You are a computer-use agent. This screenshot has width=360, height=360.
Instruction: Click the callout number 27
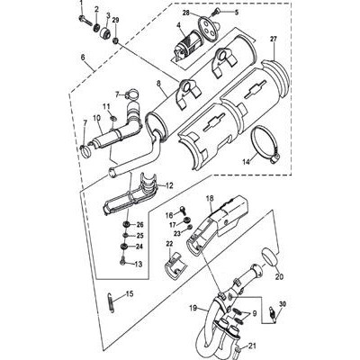274,39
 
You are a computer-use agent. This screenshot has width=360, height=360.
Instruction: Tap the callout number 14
247,162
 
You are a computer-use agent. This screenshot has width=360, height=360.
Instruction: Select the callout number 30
283,304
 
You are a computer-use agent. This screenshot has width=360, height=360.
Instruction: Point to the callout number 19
193,308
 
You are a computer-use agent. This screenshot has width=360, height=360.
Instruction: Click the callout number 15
130,294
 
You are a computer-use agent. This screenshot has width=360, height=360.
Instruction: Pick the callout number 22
170,244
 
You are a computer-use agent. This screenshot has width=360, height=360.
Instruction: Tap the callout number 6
83,57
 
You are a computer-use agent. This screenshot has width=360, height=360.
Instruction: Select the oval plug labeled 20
272,257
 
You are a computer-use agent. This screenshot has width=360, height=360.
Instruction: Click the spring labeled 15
111,302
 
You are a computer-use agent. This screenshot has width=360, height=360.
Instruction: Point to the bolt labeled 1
85,21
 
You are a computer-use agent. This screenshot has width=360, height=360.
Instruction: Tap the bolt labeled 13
122,260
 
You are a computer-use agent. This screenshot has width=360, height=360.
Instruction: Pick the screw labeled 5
215,13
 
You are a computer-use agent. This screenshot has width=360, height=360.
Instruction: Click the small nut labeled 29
115,40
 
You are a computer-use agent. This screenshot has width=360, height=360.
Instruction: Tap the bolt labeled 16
182,211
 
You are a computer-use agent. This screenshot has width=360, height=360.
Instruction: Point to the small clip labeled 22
175,266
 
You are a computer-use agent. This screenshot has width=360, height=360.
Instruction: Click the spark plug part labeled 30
272,315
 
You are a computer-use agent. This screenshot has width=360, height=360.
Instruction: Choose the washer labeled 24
123,247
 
